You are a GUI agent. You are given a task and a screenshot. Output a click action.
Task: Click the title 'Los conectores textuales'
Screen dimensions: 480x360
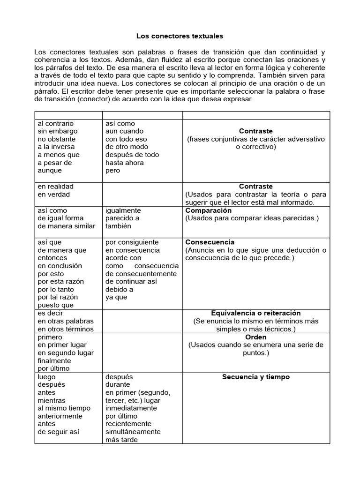tap(180, 36)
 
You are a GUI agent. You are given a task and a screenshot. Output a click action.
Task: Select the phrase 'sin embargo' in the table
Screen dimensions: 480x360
tap(58, 131)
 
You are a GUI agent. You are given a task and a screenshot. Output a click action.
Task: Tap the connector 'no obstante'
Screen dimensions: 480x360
tap(57, 139)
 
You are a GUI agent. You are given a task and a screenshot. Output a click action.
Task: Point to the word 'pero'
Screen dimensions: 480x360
tap(113, 171)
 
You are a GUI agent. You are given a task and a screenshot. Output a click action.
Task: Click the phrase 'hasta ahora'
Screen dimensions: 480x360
tap(124, 163)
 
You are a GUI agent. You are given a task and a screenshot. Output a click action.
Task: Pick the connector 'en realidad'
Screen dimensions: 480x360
tap(55, 187)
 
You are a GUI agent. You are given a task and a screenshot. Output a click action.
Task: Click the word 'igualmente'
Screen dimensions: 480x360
tap(123, 210)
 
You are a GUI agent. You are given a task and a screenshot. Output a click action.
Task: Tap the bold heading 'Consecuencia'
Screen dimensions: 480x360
tap(210, 242)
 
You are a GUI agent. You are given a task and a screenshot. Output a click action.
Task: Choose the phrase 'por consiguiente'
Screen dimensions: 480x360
tap(132, 242)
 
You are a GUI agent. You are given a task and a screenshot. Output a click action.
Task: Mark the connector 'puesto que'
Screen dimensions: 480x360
tap(56, 305)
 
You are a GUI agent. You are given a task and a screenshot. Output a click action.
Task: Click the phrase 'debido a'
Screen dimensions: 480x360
tap(120, 289)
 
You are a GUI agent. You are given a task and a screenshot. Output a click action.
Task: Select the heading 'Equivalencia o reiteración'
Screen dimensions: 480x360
tap(255, 313)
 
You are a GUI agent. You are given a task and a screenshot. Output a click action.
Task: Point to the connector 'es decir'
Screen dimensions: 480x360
tap(51, 313)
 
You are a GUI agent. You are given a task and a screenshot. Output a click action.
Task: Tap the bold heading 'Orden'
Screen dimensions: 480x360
tap(256, 337)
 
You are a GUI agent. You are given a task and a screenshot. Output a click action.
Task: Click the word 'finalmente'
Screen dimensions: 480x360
tap(54, 361)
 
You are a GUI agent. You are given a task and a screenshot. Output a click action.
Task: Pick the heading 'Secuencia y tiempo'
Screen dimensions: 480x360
tap(256, 377)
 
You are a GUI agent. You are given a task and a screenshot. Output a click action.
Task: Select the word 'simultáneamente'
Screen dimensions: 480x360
tap(133, 432)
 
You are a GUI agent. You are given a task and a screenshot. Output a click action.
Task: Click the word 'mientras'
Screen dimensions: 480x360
tap(52, 401)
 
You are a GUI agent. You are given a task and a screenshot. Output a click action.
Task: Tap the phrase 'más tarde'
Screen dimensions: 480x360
tap(121, 440)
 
